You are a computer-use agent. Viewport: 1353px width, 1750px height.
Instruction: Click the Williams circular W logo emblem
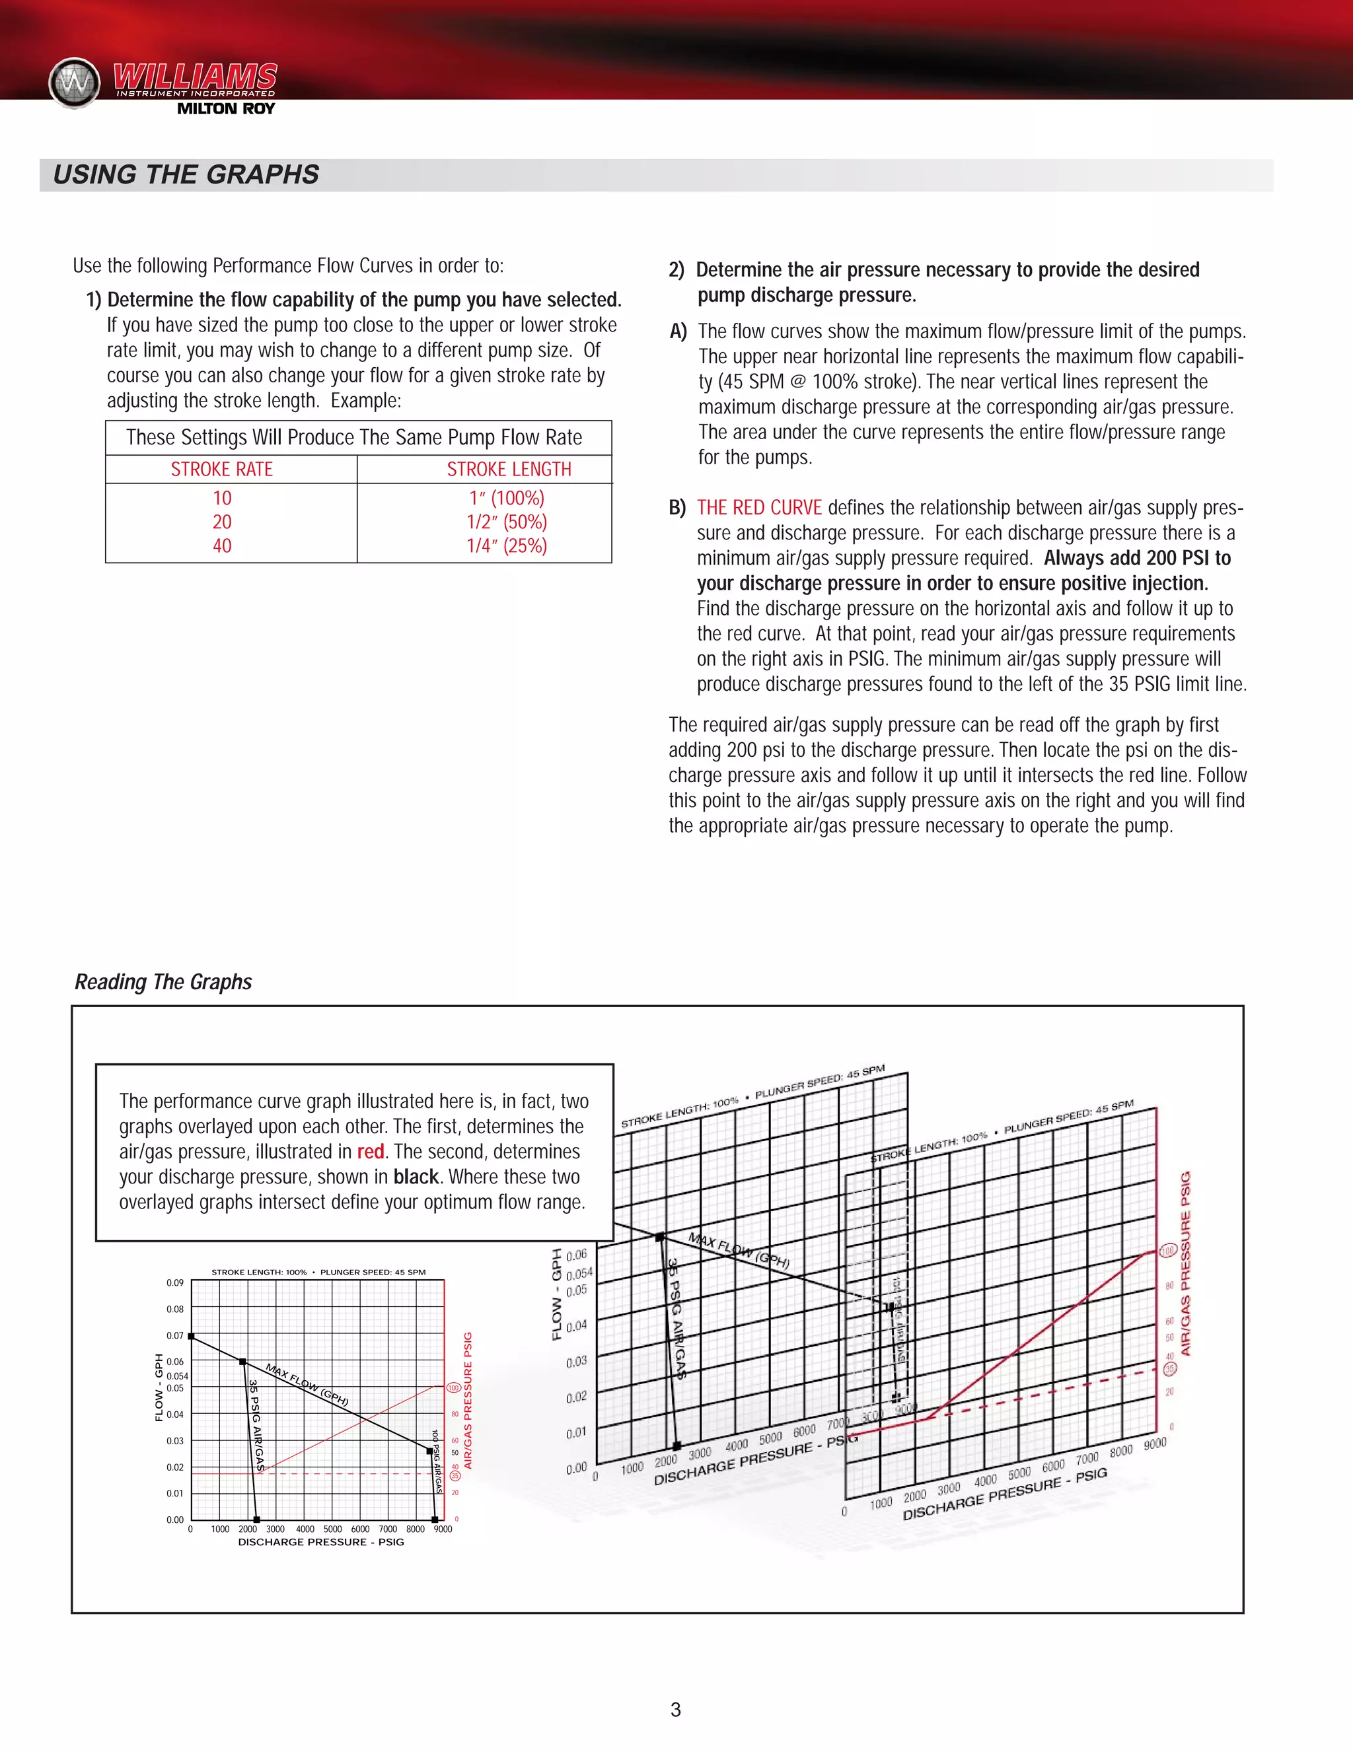pos(75,83)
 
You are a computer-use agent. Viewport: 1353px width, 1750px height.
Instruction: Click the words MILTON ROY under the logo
pos(225,109)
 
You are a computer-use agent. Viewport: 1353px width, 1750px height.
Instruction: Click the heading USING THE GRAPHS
pos(186,175)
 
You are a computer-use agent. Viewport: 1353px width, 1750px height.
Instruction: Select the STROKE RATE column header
pos(222,470)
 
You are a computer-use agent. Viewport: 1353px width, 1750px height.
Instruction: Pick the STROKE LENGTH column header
pos(509,470)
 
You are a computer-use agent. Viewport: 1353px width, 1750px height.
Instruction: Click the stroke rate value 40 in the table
pos(222,545)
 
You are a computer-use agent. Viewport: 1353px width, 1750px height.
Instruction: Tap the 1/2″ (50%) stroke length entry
pos(507,522)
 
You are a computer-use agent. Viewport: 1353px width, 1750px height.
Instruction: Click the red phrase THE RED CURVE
pos(759,507)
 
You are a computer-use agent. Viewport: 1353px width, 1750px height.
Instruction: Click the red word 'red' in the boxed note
pos(371,1152)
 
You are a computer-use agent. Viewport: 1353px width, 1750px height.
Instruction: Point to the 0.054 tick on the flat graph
pos(177,1376)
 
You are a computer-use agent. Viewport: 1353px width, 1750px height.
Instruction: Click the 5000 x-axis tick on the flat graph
pos(333,1529)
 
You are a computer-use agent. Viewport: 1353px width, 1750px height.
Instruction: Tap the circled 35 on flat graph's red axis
pos(455,1475)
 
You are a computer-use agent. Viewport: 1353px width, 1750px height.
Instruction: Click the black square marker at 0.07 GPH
pos(192,1336)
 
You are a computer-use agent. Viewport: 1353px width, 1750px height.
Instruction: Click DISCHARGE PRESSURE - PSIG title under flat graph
pos(320,1542)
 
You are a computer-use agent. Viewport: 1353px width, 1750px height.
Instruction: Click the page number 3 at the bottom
pos(676,1710)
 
